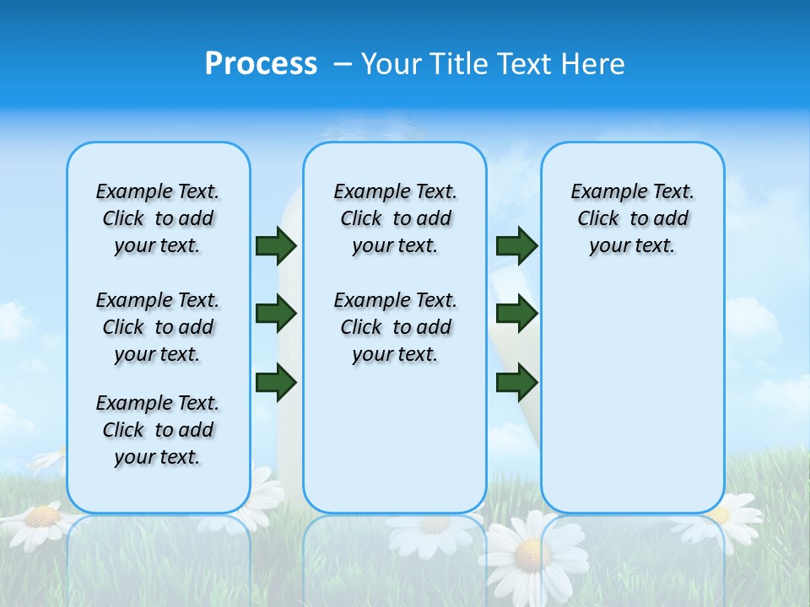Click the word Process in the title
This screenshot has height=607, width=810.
pyautogui.click(x=261, y=64)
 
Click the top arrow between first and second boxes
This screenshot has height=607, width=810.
pyautogui.click(x=276, y=245)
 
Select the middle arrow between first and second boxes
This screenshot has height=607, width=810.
pyautogui.click(x=276, y=314)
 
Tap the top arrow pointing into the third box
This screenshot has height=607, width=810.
pyautogui.click(x=516, y=245)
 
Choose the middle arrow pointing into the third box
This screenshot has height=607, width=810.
pyautogui.click(x=516, y=314)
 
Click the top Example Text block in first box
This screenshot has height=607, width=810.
pyautogui.click(x=158, y=218)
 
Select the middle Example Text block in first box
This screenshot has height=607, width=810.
pyautogui.click(x=158, y=327)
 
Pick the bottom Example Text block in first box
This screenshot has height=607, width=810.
pyautogui.click(x=158, y=430)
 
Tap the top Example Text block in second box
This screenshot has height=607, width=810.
pyautogui.click(x=395, y=218)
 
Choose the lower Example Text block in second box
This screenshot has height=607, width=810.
pyautogui.click(x=395, y=327)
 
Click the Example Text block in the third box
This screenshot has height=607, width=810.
pyautogui.click(x=632, y=218)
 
